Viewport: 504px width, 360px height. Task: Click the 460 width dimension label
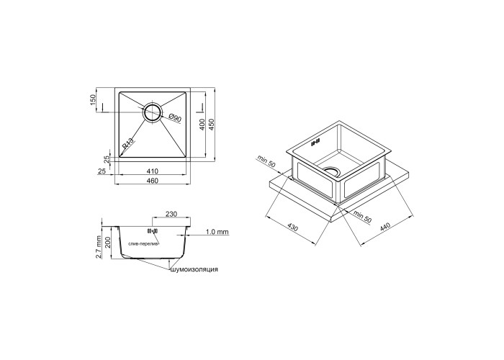tap(153, 181)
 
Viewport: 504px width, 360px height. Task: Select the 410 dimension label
tap(153, 171)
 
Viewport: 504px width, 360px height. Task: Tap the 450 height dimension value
tap(211, 125)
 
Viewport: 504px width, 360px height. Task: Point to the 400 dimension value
tap(202, 125)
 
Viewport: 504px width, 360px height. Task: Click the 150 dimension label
tap(93, 100)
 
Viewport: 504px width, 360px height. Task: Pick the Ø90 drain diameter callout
tap(174, 118)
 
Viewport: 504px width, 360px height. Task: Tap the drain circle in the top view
tap(152, 112)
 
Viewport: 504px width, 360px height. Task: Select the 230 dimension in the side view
tap(171, 214)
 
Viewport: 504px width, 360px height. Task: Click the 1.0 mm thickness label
tap(217, 232)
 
